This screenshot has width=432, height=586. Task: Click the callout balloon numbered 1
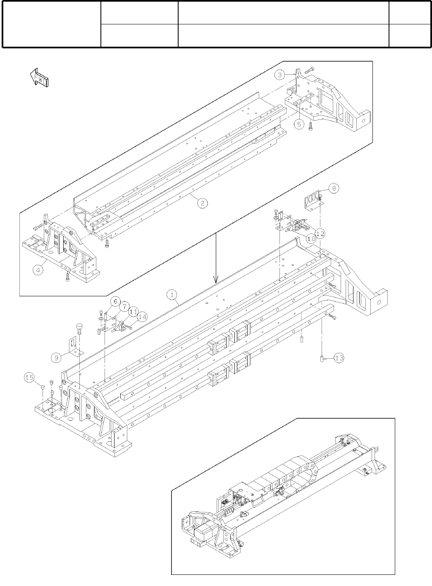(172, 294)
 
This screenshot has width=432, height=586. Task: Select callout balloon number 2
(202, 203)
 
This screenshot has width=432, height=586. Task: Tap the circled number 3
(280, 75)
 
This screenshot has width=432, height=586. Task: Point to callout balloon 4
(38, 270)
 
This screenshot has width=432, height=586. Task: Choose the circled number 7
(124, 307)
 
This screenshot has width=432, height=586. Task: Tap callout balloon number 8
(334, 188)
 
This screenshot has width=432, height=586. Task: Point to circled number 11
(133, 311)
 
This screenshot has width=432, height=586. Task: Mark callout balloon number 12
(320, 234)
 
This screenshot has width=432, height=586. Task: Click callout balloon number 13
(339, 358)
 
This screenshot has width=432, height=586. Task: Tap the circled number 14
(142, 317)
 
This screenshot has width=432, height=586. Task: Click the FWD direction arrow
(40, 78)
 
